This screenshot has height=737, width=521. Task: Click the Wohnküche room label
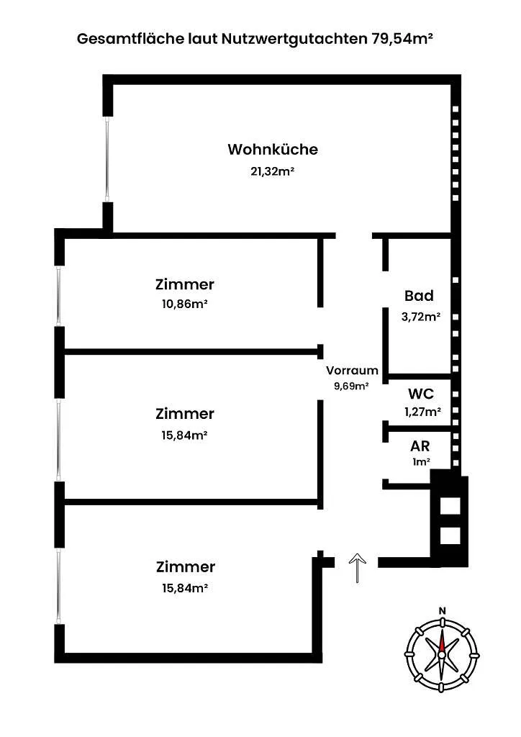coord(273,150)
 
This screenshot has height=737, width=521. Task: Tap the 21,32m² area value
coord(273,171)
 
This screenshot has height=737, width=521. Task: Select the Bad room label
coord(419,296)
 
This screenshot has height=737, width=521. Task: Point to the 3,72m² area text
coord(421,317)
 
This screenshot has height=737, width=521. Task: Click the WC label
coord(421,394)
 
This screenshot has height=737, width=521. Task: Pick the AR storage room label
coord(420,446)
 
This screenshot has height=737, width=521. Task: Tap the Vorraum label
coord(353,371)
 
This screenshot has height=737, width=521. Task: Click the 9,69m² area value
coord(351,386)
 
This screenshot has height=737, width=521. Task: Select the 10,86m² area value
coord(185,304)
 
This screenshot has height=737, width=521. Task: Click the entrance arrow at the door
coord(358,569)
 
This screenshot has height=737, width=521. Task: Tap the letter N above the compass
coord(442,611)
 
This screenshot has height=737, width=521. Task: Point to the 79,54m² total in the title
coord(402,39)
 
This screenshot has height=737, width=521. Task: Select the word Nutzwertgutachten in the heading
coord(294,40)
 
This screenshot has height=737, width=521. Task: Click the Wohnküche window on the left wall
coord(108,159)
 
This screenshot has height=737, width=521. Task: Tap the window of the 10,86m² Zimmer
coord(59,296)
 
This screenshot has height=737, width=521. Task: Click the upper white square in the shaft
coord(450,506)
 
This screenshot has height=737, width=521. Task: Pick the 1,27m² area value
coord(423,412)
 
